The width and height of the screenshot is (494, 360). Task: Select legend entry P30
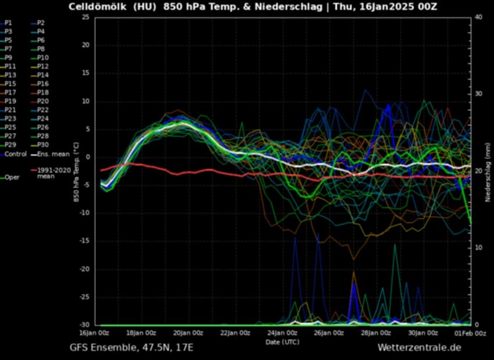(42, 145)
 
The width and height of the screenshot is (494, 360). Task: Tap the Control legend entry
(15, 154)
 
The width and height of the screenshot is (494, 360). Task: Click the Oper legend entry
(12, 177)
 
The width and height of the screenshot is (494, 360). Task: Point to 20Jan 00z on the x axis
(188, 333)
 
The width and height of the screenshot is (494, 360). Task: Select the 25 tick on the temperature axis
(85, 17)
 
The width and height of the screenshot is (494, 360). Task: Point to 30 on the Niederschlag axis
(478, 94)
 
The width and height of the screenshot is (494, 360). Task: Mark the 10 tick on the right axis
(478, 248)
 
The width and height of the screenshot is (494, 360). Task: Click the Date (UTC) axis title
(282, 342)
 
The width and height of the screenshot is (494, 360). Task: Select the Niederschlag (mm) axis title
(489, 171)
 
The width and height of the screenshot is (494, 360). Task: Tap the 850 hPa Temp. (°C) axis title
(76, 171)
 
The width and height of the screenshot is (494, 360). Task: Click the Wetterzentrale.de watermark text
(419, 347)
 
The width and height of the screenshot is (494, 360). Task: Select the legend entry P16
(42, 84)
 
